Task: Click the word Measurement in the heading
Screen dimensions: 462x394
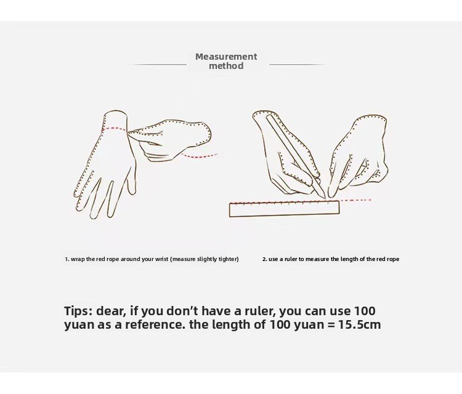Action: point(226,56)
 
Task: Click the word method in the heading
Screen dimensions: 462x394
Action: point(226,66)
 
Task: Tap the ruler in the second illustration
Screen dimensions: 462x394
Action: point(285,209)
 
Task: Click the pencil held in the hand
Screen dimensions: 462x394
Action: point(295,156)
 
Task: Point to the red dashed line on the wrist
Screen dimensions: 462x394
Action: point(115,129)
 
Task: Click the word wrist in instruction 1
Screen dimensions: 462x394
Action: point(163,259)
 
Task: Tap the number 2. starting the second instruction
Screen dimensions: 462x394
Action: point(265,259)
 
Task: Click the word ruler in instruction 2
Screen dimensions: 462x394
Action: point(291,259)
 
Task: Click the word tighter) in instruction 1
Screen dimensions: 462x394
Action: point(229,259)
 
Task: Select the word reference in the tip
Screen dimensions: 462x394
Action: point(155,324)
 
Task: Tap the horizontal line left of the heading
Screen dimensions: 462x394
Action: point(160,65)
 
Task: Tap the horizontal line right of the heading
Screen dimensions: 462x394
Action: point(297,65)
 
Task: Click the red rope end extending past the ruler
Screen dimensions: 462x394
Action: point(355,200)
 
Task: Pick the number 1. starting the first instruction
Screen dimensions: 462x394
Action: point(67,259)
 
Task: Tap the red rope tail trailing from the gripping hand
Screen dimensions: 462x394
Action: point(200,156)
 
